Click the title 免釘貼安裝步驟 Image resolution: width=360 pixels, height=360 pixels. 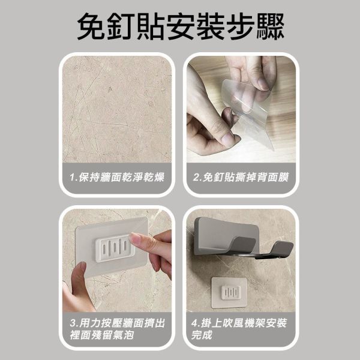pyautogui.click(x=181, y=26)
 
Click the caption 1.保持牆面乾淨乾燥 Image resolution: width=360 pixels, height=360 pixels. pyautogui.click(x=117, y=177)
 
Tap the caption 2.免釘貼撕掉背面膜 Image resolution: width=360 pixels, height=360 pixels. pyautogui.click(x=241, y=177)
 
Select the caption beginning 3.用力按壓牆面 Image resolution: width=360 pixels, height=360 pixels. pyautogui.click(x=118, y=329)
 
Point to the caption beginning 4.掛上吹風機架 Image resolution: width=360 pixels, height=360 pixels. pyautogui.click(x=239, y=329)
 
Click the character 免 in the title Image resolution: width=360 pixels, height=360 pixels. pyautogui.click(x=91, y=26)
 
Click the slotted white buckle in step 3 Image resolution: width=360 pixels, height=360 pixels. pyautogui.click(x=114, y=248)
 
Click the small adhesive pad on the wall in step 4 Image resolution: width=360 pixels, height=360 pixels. pyautogui.click(x=229, y=293)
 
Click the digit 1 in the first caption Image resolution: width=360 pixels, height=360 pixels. pyautogui.click(x=73, y=178)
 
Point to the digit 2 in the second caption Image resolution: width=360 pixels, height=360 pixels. pyautogui.click(x=196, y=178)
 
